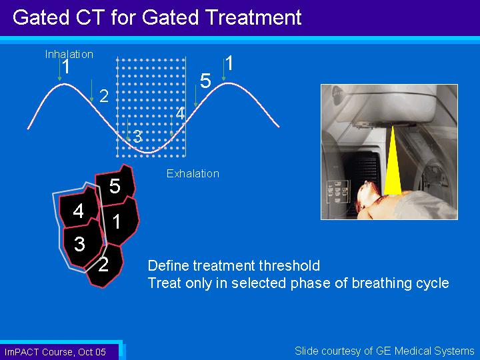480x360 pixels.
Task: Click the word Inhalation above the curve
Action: pyautogui.click(x=69, y=55)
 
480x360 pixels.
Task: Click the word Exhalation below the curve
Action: pyautogui.click(x=193, y=173)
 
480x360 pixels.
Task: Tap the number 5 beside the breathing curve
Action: pyautogui.click(x=205, y=81)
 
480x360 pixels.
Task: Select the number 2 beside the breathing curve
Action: pyautogui.click(x=104, y=96)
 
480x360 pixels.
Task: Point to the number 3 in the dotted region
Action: pyautogui.click(x=138, y=137)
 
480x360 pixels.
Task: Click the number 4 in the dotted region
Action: pyautogui.click(x=180, y=113)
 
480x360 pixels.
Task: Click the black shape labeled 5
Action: pyautogui.click(x=115, y=185)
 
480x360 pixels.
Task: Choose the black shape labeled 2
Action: pyautogui.click(x=105, y=265)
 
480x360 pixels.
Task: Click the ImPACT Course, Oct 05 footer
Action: pyautogui.click(x=55, y=352)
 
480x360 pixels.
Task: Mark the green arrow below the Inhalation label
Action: pyautogui.click(x=60, y=70)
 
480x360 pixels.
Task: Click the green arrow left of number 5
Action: pyautogui.click(x=195, y=96)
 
